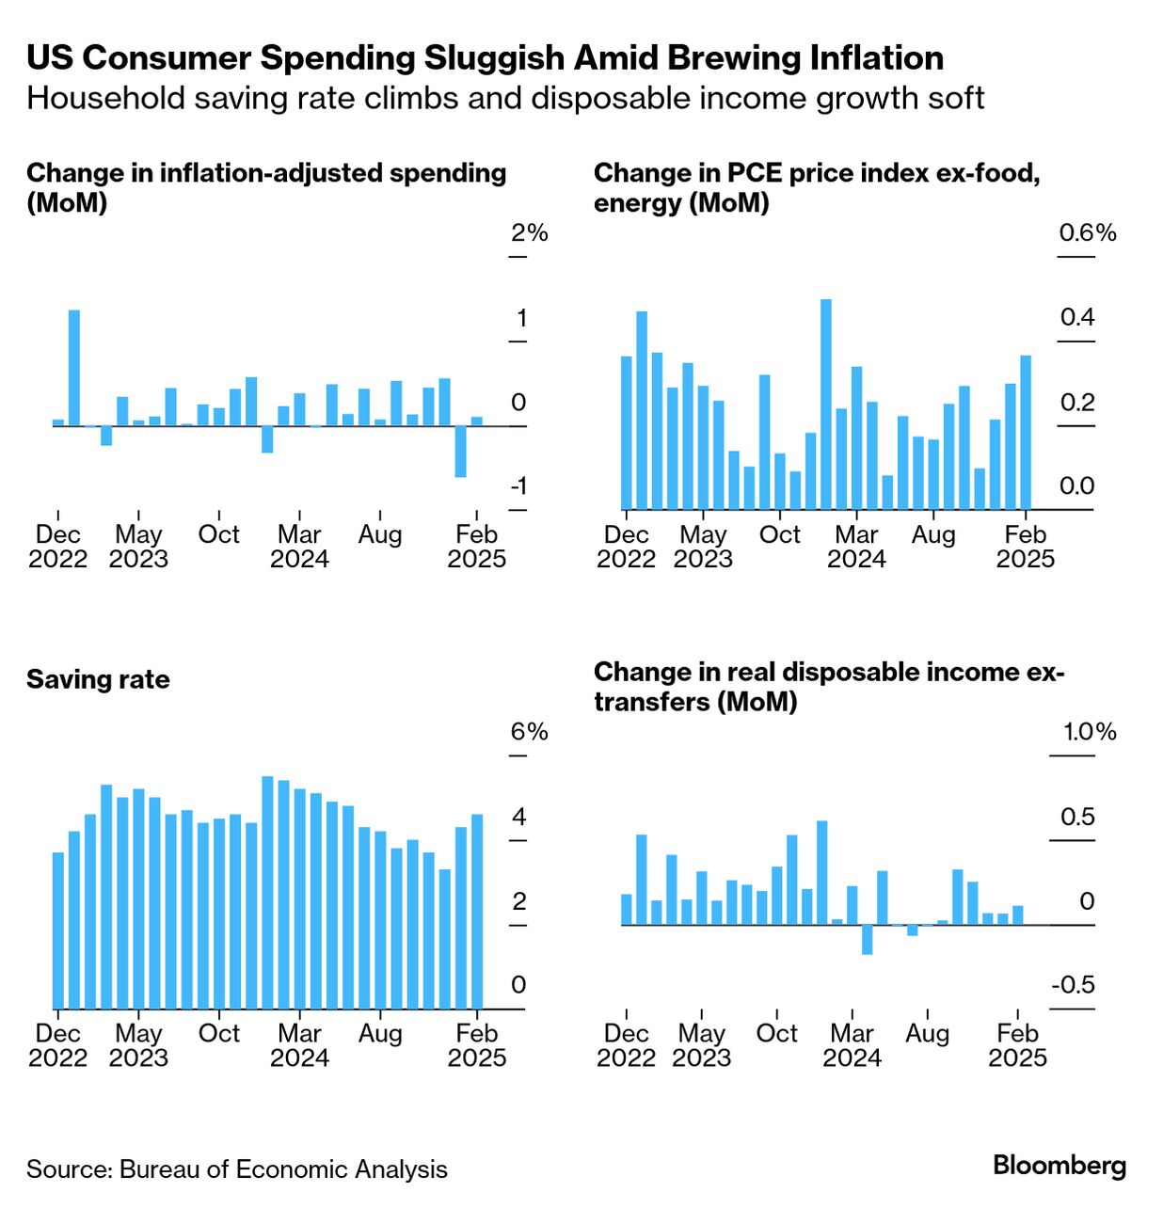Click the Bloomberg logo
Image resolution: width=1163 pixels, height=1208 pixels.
pos(1059,1166)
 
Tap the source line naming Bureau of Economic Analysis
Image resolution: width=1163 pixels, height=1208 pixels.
pos(237,1169)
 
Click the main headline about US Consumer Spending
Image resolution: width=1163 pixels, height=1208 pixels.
pos(485,57)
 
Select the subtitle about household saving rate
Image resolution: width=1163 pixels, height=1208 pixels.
pos(505,98)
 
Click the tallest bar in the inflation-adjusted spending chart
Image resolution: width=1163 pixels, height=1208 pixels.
pos(74,367)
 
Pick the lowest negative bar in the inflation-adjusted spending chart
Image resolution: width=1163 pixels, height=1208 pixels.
pos(460,452)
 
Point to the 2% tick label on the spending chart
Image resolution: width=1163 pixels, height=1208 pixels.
pos(530,232)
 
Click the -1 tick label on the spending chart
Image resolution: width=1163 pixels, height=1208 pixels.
pos(518,486)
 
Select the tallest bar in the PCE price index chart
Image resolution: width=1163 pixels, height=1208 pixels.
pos(826,405)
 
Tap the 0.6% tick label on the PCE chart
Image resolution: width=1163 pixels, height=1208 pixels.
pos(1088,232)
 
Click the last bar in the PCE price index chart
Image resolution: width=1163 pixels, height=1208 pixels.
pos(1026,433)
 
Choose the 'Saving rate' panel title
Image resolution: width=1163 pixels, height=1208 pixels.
pos(98,679)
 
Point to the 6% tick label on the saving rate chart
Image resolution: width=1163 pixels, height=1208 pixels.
pos(530,731)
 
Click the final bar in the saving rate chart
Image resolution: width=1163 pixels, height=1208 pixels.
pos(477,911)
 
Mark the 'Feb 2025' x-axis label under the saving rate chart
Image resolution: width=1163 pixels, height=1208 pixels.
pos(477,1045)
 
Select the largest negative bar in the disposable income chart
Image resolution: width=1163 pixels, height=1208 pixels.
pos(867,940)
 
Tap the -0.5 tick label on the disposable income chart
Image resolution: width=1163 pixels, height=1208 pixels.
pos(1073,985)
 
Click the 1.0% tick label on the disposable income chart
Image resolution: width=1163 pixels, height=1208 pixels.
pos(1090,731)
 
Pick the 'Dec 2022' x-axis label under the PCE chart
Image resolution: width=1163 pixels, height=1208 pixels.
pos(626,547)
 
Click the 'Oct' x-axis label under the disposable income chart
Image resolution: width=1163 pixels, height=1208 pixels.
pos(776,1033)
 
